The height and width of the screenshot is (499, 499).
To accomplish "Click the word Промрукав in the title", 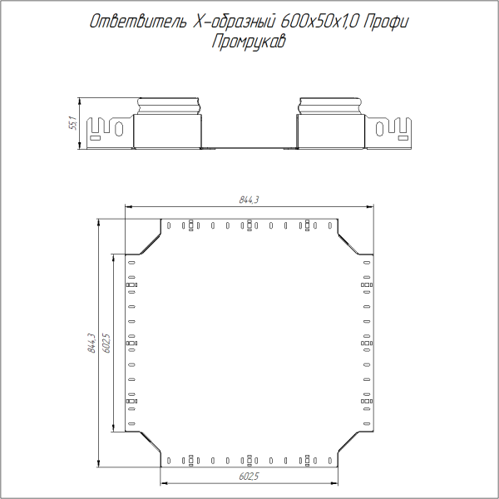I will (249, 42).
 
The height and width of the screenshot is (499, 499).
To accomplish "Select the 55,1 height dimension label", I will (72, 124).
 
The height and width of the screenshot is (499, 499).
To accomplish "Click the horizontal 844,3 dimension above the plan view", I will (249, 200).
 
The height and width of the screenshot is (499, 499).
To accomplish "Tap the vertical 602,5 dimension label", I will (106, 343).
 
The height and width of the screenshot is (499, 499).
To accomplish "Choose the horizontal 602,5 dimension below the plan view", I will (249, 477).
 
